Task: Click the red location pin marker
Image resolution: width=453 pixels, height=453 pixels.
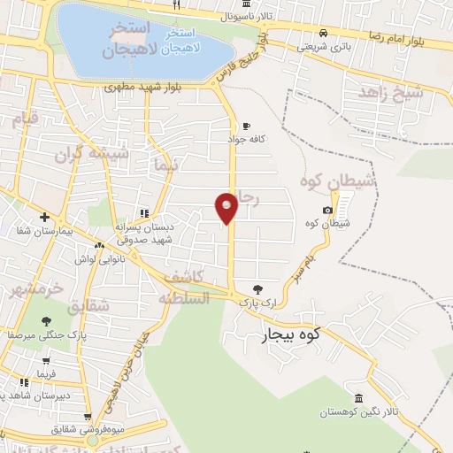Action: pos(226,207)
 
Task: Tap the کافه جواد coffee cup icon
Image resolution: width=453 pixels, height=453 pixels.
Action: pos(246,126)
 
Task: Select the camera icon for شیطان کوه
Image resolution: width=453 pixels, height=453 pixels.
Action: pos(328,210)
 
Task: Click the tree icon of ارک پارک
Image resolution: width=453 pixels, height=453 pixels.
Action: pos(257,288)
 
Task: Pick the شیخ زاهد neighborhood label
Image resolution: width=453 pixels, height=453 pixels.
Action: pos(389,91)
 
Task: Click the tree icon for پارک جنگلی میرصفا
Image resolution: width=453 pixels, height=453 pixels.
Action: pos(46,321)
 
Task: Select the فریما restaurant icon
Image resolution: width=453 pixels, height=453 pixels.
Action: pos(46,361)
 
